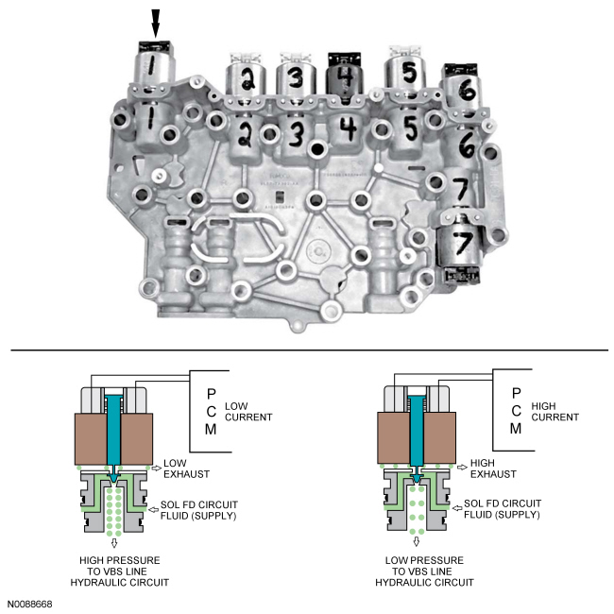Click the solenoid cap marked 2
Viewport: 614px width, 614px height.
246,78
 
